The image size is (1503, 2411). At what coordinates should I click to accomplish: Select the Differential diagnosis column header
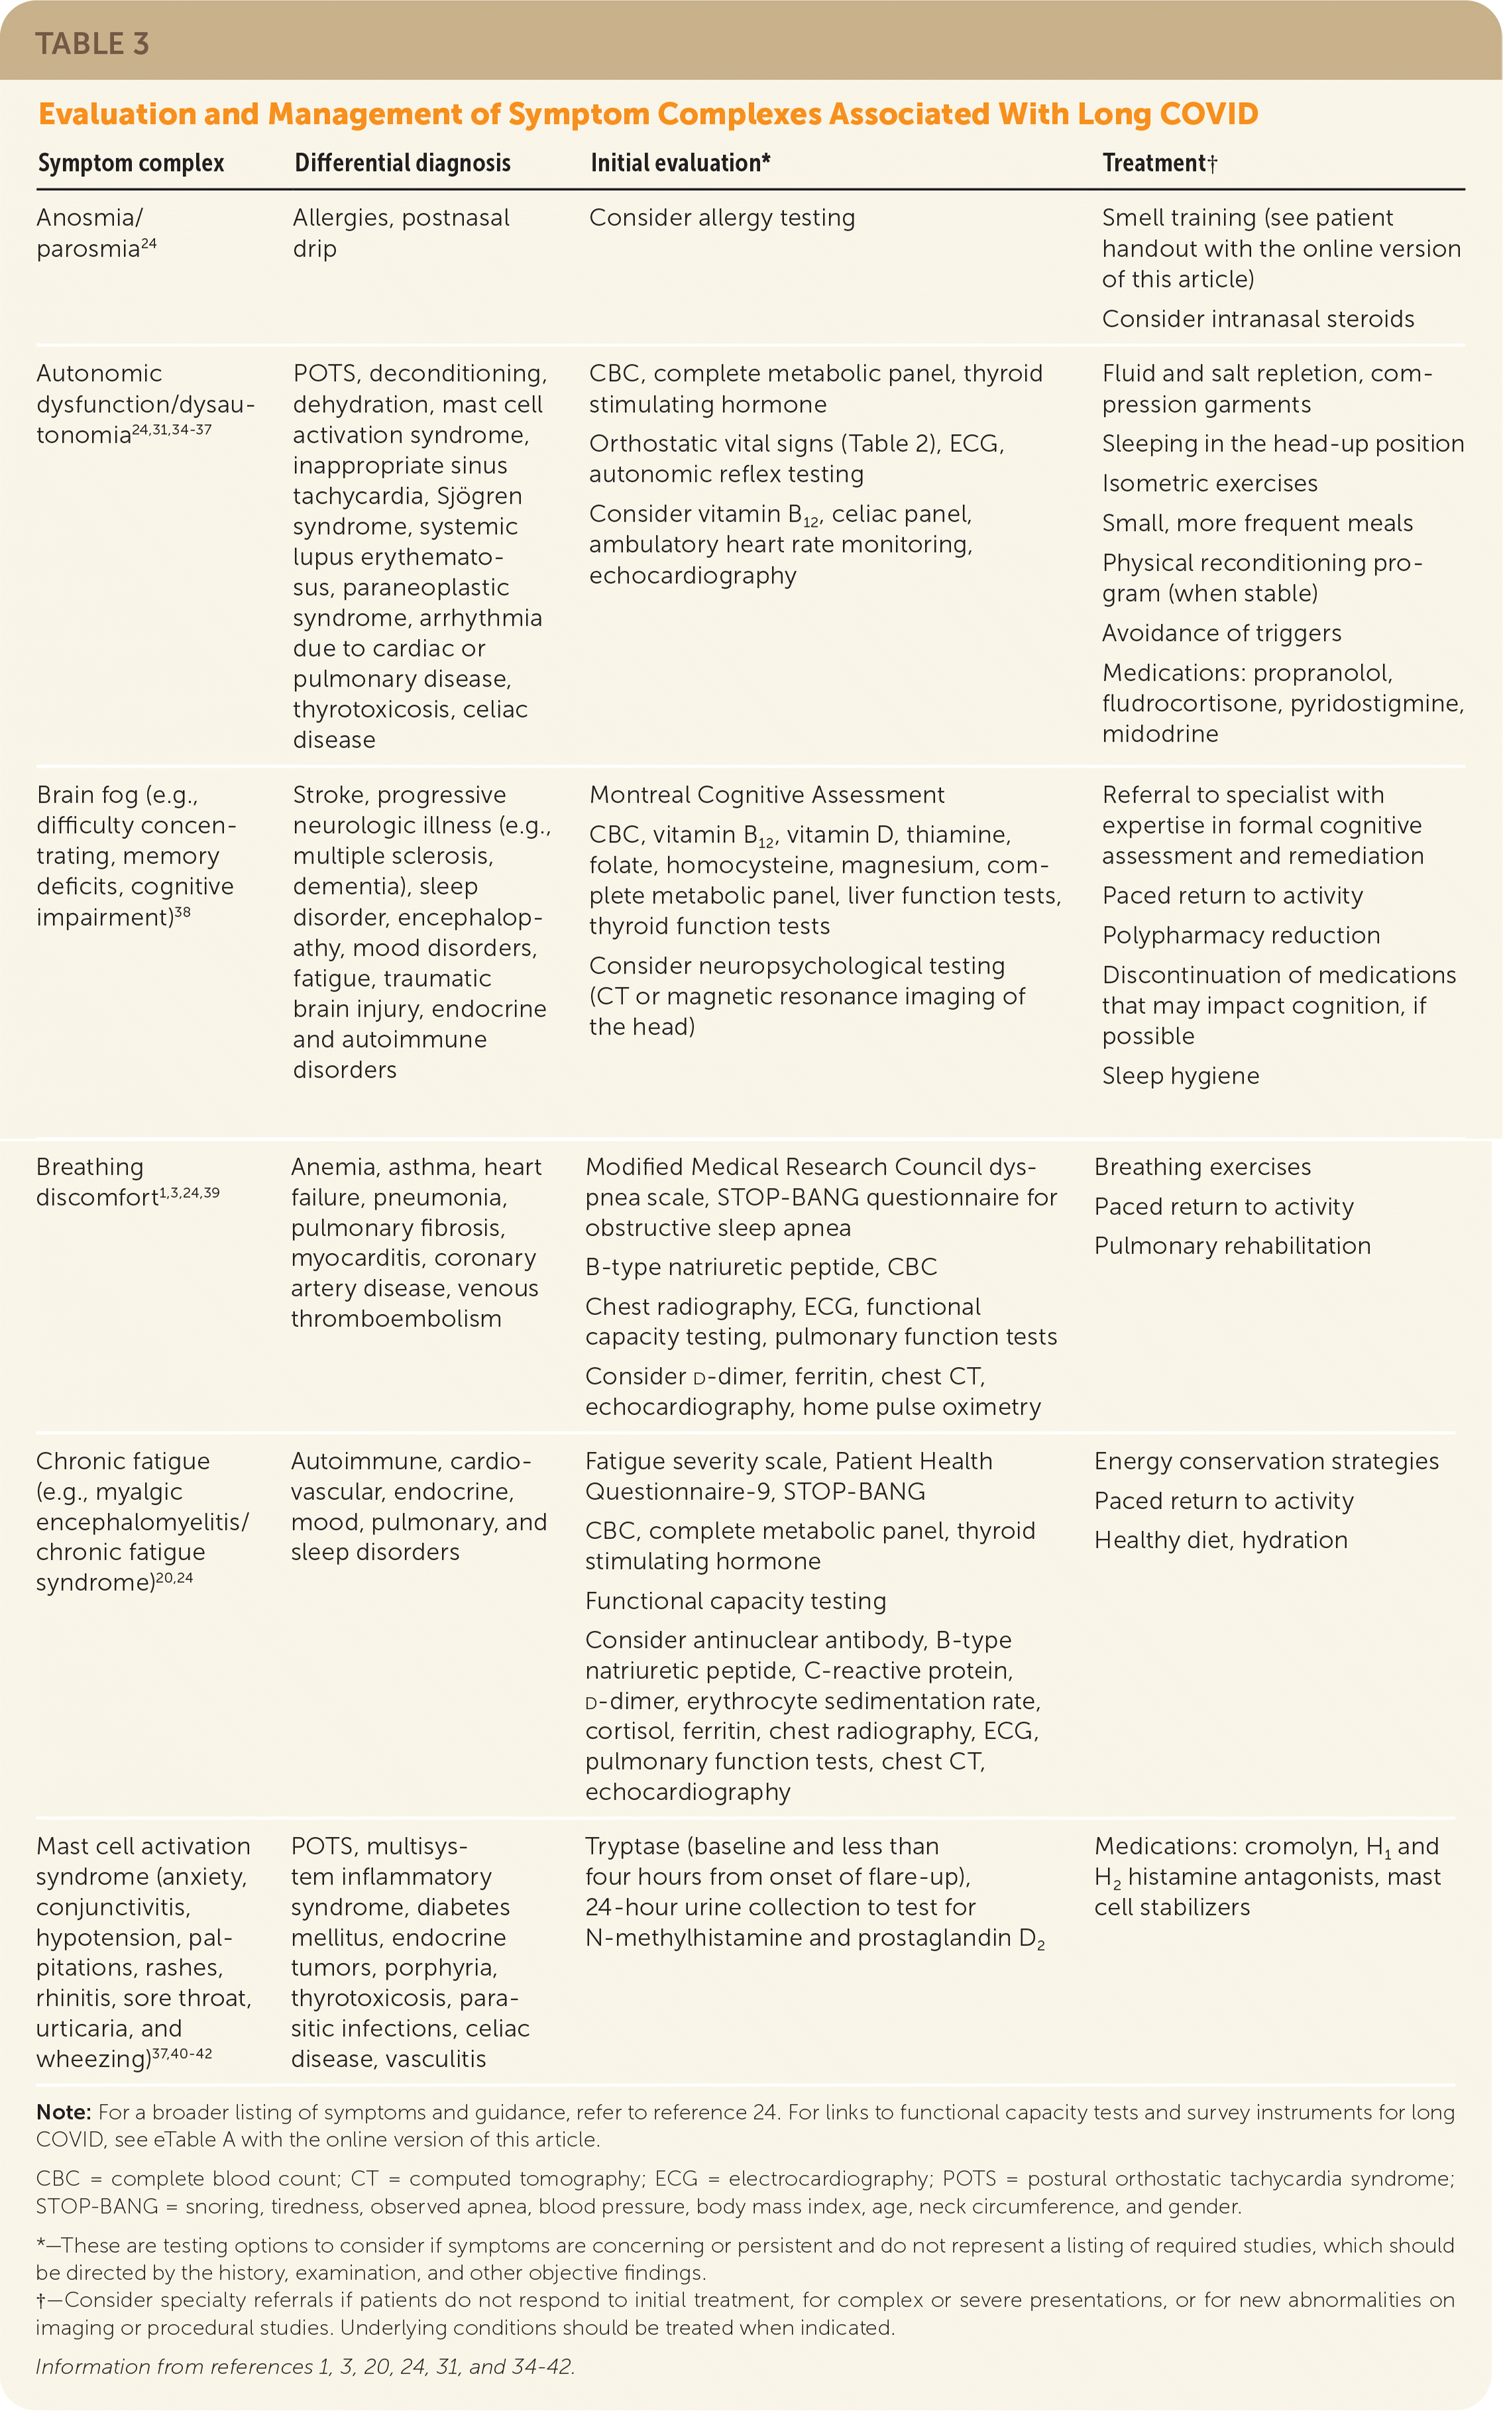403,163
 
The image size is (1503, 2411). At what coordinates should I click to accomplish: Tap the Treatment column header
1159,163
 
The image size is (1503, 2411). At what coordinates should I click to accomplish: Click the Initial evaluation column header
680,163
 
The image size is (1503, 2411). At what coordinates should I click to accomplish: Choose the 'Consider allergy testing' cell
722,217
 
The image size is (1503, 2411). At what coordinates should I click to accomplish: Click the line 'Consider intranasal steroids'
1258,319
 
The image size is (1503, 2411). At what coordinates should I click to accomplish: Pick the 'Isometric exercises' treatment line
1210,484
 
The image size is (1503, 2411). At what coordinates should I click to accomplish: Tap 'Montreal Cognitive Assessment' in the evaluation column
766,795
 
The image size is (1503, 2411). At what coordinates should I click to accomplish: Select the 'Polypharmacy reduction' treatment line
1241,935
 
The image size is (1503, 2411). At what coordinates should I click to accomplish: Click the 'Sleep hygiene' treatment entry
1180,1076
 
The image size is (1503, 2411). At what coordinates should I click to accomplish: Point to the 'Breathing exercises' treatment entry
1202,1167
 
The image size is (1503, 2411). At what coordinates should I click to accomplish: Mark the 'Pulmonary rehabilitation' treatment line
1231,1246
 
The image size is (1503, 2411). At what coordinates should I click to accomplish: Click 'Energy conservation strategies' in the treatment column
1266,1461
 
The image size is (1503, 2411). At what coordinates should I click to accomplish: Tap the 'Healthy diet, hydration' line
1221,1540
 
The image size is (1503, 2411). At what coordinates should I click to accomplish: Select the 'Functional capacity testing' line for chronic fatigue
734,1601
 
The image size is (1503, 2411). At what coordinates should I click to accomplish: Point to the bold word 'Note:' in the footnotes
64,2112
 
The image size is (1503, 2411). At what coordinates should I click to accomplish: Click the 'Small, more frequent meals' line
1256,524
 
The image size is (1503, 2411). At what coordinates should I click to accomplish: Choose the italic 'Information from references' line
305,2367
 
